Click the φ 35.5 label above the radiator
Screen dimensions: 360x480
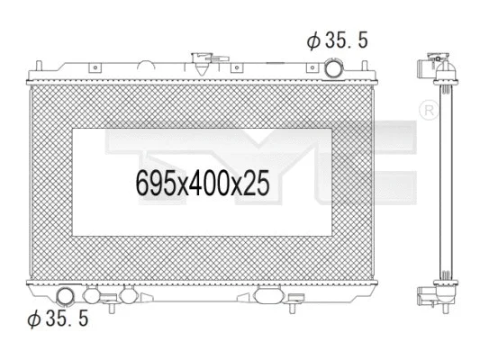pos(338,40)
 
